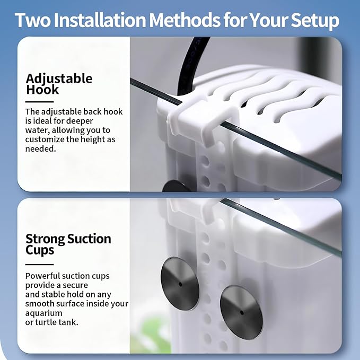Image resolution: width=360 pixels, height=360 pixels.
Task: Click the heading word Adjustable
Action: pos(59,78)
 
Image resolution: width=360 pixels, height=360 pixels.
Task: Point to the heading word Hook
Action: pos(42,89)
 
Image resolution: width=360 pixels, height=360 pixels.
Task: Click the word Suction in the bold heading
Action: pos(89,239)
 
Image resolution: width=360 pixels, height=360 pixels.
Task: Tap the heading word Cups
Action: pos(40,250)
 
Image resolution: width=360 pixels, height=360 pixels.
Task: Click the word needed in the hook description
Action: pos(40,149)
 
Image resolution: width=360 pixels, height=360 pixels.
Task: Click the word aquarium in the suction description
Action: pos(43,313)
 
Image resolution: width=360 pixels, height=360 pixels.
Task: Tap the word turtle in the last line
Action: pos(46,322)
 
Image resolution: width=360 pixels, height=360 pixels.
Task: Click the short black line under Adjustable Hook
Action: pos(39,102)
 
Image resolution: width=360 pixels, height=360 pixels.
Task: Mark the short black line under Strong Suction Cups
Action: pos(39,265)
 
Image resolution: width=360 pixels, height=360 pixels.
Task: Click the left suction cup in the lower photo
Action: pos(180,284)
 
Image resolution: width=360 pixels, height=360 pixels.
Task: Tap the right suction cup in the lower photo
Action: pos(241,312)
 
